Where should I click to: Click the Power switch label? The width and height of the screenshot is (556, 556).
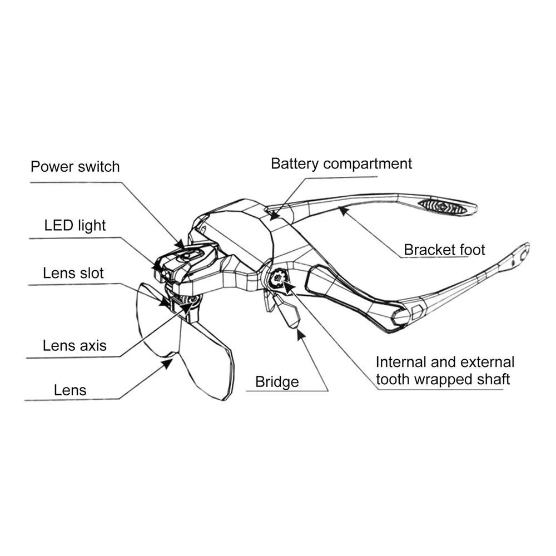click(75, 166)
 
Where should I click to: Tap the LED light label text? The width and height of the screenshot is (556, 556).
click(75, 225)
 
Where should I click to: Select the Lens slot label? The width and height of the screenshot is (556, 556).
click(73, 274)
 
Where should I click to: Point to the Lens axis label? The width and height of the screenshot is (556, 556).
click(75, 345)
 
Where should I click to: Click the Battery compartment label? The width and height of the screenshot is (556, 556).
click(341, 164)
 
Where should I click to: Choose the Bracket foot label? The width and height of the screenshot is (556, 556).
click(444, 250)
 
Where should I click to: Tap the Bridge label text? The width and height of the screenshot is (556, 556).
click(277, 382)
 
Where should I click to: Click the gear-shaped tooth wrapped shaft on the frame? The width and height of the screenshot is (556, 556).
click(277, 278)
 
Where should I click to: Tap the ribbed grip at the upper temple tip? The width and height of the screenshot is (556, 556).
click(443, 206)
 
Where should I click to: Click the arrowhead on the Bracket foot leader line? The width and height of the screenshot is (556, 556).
click(343, 210)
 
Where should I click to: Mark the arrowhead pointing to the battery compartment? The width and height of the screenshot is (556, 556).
click(274, 216)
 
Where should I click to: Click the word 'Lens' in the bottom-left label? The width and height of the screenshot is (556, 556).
click(70, 390)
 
